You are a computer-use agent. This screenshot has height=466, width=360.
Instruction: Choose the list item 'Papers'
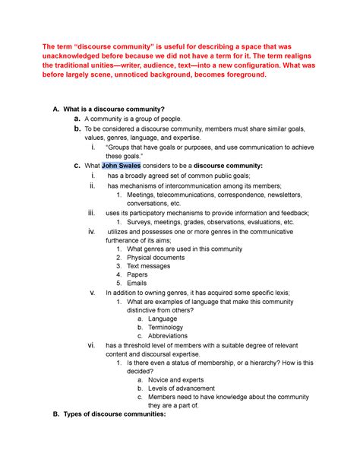click(139, 274)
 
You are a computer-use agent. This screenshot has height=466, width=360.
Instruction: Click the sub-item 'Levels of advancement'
click(188, 388)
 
